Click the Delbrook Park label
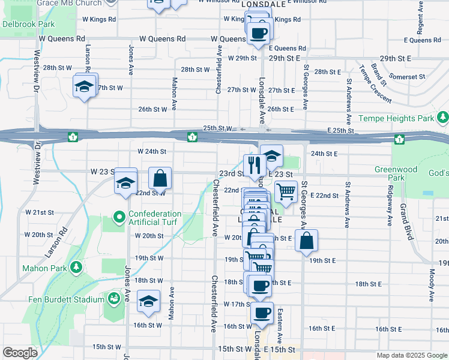pos(28,25)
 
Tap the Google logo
pos(20,353)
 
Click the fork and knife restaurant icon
pos(255,165)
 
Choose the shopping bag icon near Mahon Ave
pos(160,178)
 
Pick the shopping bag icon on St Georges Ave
pos(306,241)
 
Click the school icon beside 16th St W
pos(148,302)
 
